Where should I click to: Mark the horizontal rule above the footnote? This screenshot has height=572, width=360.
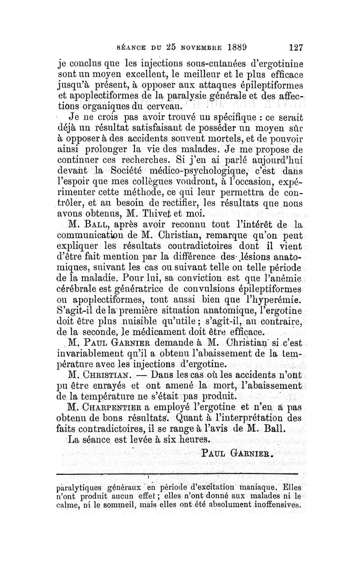point(180,474)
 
